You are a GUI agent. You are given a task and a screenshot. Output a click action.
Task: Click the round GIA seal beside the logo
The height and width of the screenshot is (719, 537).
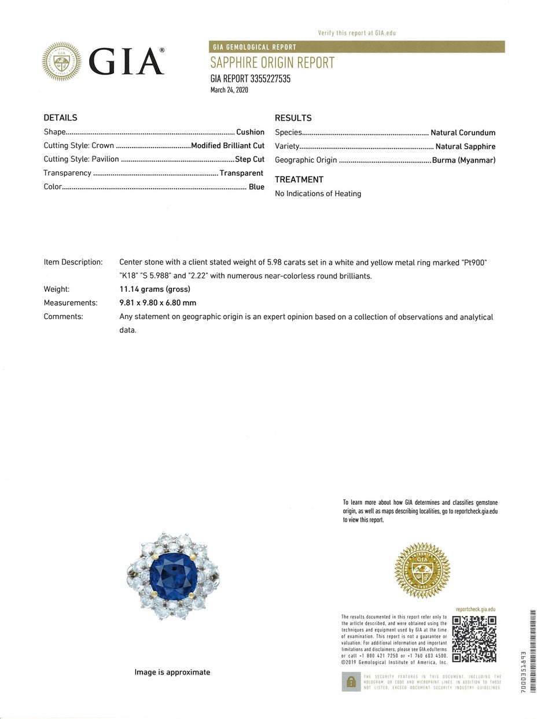(61, 61)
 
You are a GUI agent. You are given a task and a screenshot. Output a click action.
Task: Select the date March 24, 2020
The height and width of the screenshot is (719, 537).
(229, 90)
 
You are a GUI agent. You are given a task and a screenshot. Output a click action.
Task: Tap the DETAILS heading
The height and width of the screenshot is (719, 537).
(60, 118)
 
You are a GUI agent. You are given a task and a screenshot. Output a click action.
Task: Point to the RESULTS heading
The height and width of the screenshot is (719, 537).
(293, 118)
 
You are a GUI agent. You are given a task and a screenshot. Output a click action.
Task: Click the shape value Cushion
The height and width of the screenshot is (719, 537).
(250, 132)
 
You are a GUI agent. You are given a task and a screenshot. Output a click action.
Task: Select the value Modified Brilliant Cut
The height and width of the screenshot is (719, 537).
(227, 145)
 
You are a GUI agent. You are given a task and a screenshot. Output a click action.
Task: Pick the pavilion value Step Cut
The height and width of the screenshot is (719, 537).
(249, 159)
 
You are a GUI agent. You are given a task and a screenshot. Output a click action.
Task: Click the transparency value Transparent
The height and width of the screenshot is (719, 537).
(241, 173)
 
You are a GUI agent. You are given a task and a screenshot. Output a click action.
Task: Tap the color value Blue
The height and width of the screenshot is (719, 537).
(256, 186)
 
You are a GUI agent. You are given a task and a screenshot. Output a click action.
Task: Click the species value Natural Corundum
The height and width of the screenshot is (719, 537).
(463, 133)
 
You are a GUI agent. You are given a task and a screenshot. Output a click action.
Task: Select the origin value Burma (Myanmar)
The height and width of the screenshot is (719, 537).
(464, 160)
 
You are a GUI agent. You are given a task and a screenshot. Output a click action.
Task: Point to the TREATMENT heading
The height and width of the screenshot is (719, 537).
(299, 179)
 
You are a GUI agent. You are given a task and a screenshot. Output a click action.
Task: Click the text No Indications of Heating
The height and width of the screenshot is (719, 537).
(318, 193)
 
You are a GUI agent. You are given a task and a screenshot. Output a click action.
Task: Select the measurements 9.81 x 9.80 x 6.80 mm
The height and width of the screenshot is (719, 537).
(157, 303)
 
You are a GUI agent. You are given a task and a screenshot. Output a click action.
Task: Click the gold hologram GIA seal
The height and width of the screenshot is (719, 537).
(422, 570)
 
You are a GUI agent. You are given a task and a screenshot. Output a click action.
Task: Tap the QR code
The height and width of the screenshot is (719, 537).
(474, 639)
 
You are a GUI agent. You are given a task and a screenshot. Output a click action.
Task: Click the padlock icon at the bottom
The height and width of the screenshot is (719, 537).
(350, 681)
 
